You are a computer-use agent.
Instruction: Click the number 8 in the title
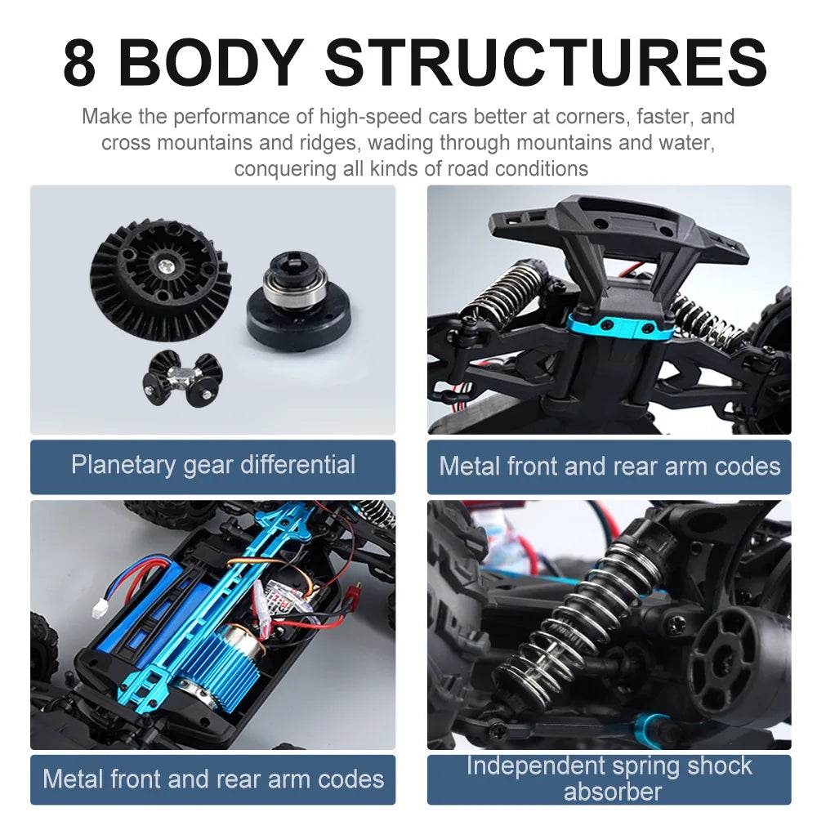[x=79, y=62]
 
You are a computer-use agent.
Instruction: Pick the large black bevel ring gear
[x=161, y=278]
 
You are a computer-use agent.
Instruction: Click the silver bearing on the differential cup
[x=295, y=288]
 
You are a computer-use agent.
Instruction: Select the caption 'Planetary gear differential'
[x=212, y=466]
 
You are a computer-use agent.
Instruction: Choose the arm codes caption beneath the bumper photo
[x=609, y=467]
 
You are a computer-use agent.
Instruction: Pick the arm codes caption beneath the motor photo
[x=212, y=778]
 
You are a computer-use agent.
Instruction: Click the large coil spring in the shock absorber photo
[x=572, y=621]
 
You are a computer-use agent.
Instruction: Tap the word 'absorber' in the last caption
[x=612, y=792]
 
